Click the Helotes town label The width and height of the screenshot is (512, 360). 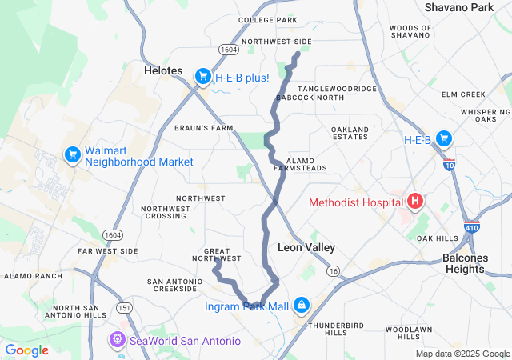click(x=163, y=70)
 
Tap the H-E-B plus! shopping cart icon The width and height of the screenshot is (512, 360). click(x=202, y=77)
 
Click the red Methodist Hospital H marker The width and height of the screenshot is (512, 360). click(x=415, y=202)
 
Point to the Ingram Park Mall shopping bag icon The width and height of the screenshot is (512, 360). click(x=301, y=306)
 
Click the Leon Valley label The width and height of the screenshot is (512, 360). click(x=306, y=248)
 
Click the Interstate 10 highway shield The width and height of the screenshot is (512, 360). click(x=450, y=163)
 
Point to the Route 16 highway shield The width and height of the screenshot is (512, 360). click(x=334, y=272)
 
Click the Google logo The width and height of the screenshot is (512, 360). click(x=26, y=350)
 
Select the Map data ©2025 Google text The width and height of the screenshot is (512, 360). click(x=462, y=354)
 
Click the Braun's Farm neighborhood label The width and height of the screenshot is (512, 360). click(x=203, y=128)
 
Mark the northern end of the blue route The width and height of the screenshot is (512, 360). click(x=298, y=54)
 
